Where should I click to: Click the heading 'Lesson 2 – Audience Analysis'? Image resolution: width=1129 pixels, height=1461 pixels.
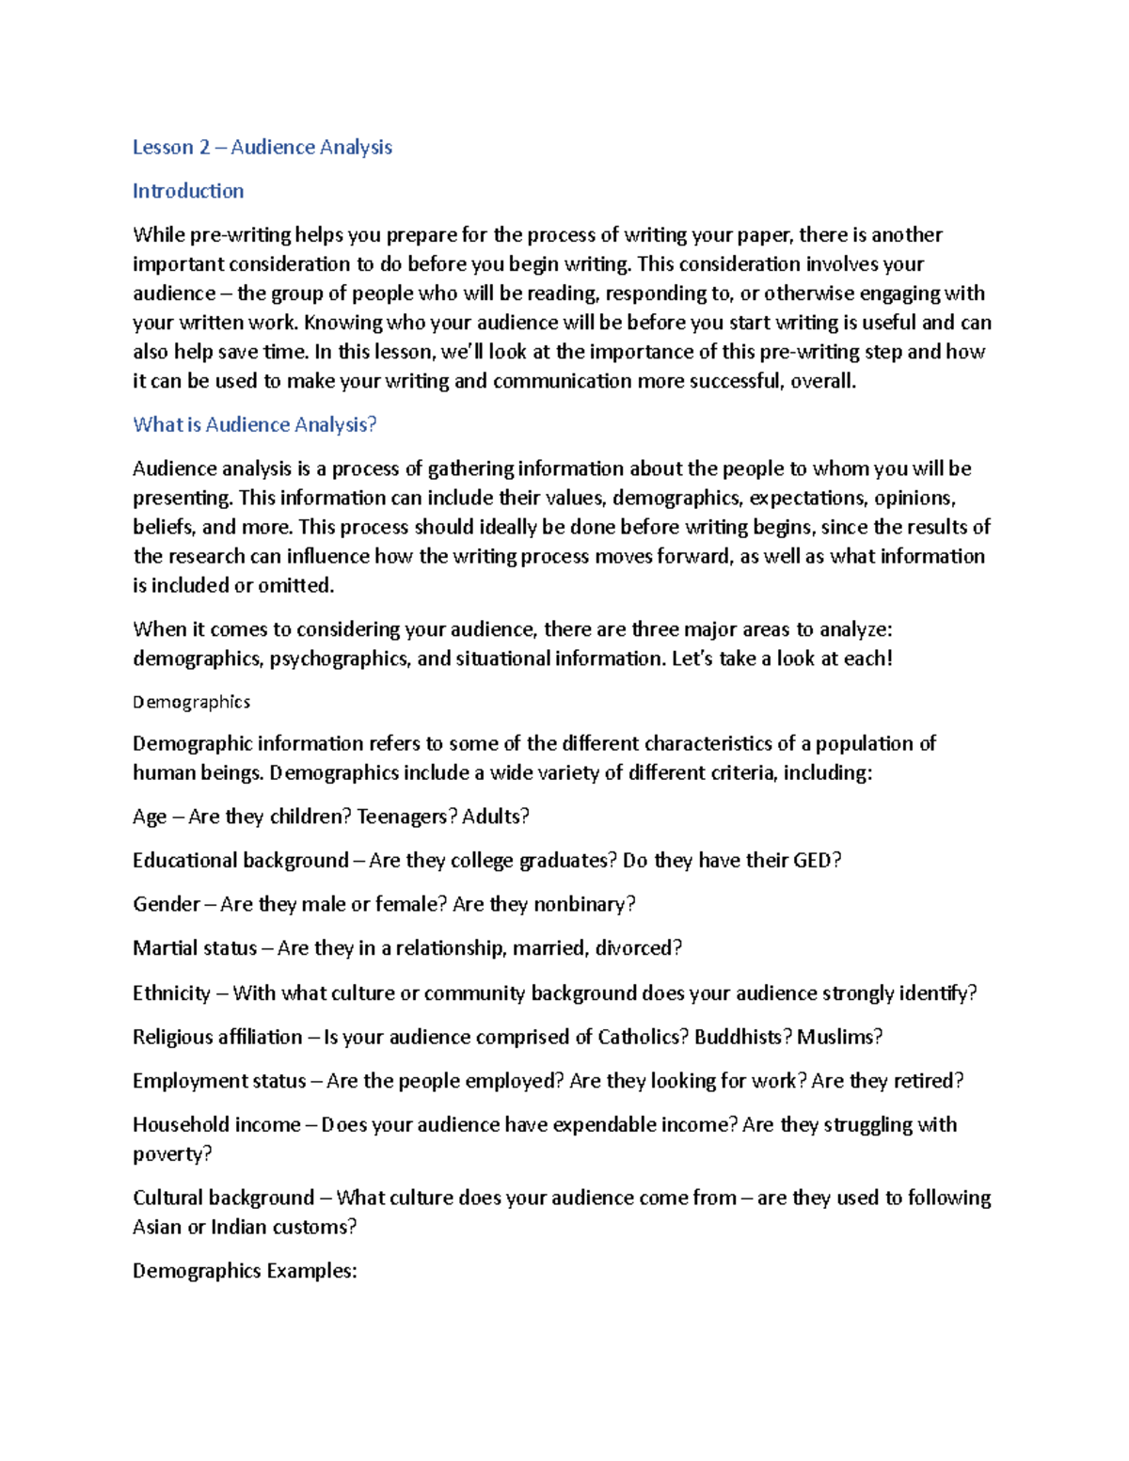(262, 147)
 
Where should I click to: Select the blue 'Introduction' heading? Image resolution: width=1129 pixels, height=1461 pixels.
(188, 191)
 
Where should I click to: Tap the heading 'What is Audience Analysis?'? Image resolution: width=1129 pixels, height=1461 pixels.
(254, 424)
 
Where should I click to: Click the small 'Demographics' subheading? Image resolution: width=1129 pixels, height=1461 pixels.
(191, 702)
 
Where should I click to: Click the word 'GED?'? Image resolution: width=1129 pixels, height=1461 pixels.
(817, 860)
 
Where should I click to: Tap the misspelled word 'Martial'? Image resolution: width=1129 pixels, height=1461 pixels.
(166, 947)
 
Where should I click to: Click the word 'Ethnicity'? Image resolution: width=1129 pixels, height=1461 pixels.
(171, 993)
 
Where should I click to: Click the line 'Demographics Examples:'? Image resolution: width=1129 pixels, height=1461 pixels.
(245, 1271)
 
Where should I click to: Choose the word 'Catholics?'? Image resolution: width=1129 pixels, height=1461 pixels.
(644, 1037)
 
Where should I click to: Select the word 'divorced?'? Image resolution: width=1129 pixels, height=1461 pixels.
(638, 947)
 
